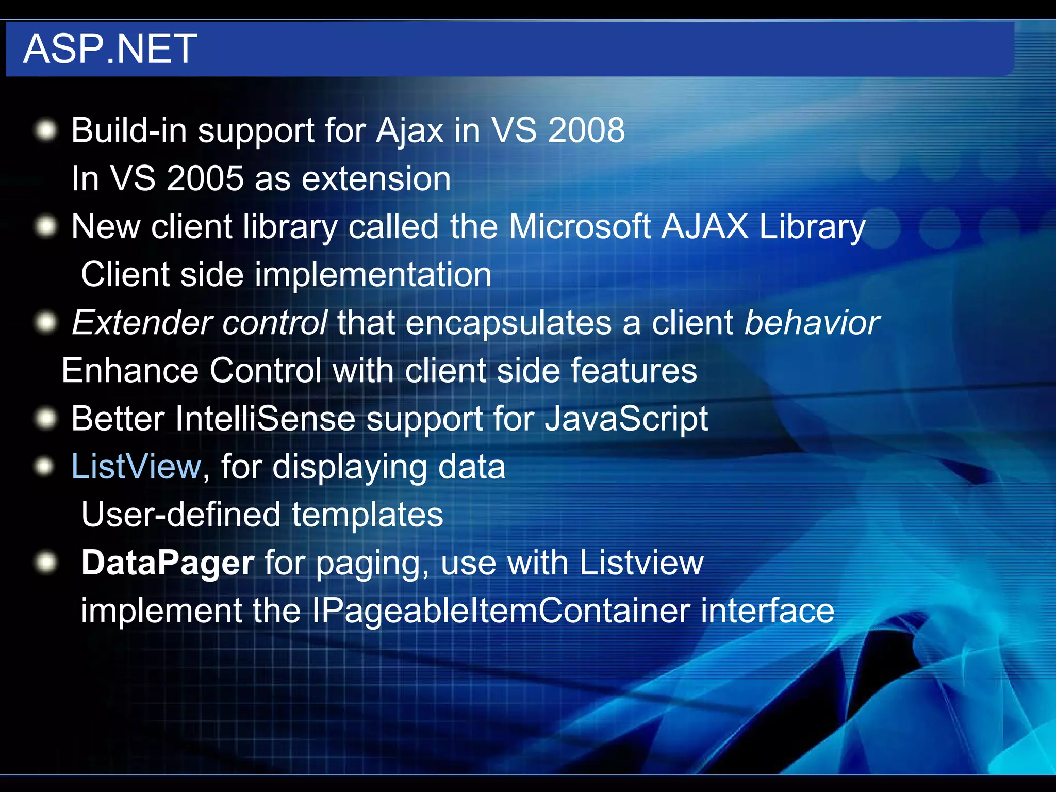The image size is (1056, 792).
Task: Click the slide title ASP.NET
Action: coord(110,48)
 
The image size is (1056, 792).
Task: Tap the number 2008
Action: coord(586,130)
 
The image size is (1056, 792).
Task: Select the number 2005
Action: coord(205,178)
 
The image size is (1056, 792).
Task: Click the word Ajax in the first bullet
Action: coord(410,131)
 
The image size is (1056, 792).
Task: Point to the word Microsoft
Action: coord(580,226)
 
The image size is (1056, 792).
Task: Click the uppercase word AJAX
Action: coord(704,226)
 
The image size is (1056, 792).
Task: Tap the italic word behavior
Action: coord(812,323)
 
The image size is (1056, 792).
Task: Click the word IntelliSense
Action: coord(265,418)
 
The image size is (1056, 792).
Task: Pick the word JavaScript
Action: coord(626,419)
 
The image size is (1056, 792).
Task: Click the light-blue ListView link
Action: coord(136,467)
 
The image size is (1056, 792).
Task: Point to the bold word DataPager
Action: coord(168,563)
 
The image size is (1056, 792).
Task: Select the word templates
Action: coord(367,515)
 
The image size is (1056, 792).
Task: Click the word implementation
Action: coord(373,274)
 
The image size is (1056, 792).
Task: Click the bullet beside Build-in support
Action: coord(46,130)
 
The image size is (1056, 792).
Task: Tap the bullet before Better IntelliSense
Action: coord(46,418)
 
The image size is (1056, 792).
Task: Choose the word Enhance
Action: coord(130,371)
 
